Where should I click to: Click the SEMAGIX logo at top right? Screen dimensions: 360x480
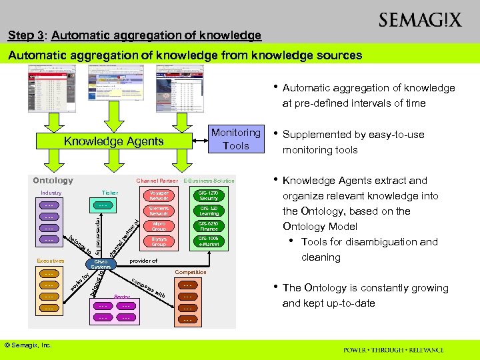coord(419,20)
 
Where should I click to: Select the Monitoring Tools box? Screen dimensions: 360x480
coord(235,139)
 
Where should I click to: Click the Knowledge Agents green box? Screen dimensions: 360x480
coord(113,141)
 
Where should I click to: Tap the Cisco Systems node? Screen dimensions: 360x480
coord(101,264)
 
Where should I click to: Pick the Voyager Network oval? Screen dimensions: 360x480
coord(159,195)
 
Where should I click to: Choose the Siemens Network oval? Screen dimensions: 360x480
coord(159,211)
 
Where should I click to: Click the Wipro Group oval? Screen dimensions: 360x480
coord(159,227)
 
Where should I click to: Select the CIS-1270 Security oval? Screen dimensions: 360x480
coord(208,195)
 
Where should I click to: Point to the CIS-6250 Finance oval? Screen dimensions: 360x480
coord(208,227)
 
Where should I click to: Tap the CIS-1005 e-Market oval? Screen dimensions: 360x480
coord(208,242)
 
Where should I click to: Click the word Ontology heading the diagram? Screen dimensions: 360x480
coord(53,181)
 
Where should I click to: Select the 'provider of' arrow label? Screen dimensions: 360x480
coord(143,261)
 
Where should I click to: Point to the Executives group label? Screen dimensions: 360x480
coord(51,261)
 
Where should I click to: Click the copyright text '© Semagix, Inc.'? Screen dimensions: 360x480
coord(28,345)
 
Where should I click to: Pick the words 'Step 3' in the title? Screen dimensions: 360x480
coord(23,35)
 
